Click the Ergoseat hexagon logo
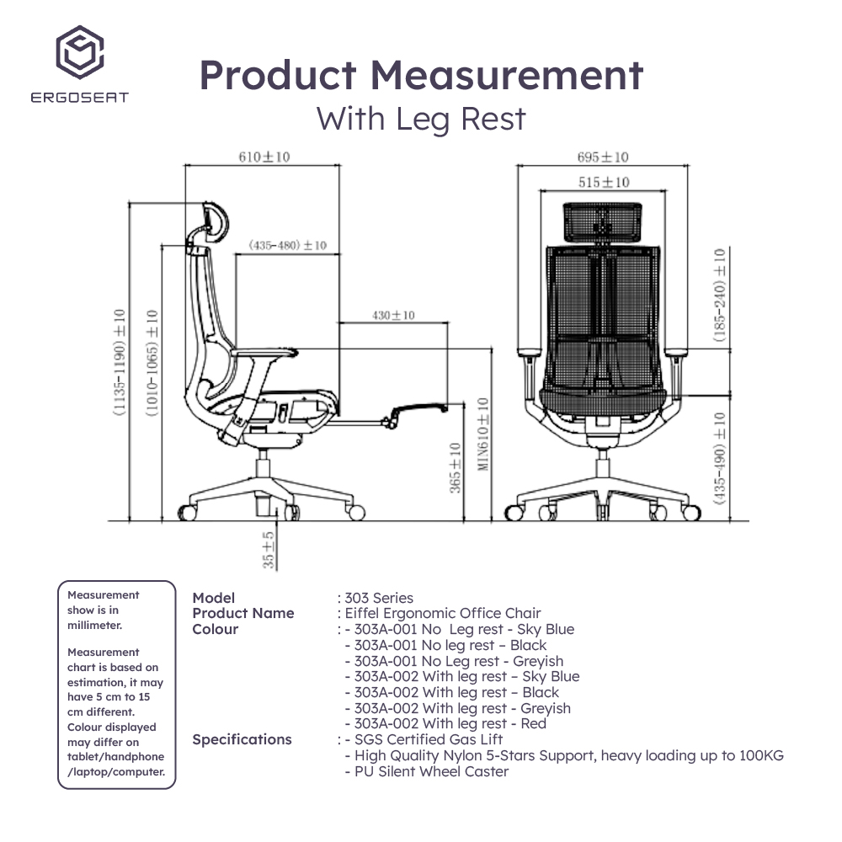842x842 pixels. pos(79,52)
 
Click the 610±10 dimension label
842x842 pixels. pos(264,157)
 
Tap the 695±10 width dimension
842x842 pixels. pos(603,157)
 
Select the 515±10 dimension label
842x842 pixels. pos(604,182)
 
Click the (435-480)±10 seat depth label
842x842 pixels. pos(287,246)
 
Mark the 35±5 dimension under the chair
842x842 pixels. pos(268,548)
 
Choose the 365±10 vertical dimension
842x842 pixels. pos(456,468)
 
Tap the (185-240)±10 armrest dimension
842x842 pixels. pos(719,295)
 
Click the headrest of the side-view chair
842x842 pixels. pos(215,221)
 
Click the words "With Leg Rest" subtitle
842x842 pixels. pos(421,119)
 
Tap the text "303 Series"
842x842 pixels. pos(379,598)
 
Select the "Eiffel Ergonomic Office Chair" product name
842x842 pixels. pos(442,613)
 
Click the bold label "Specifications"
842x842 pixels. pos(242,739)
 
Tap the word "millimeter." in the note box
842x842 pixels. pos(94,625)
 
